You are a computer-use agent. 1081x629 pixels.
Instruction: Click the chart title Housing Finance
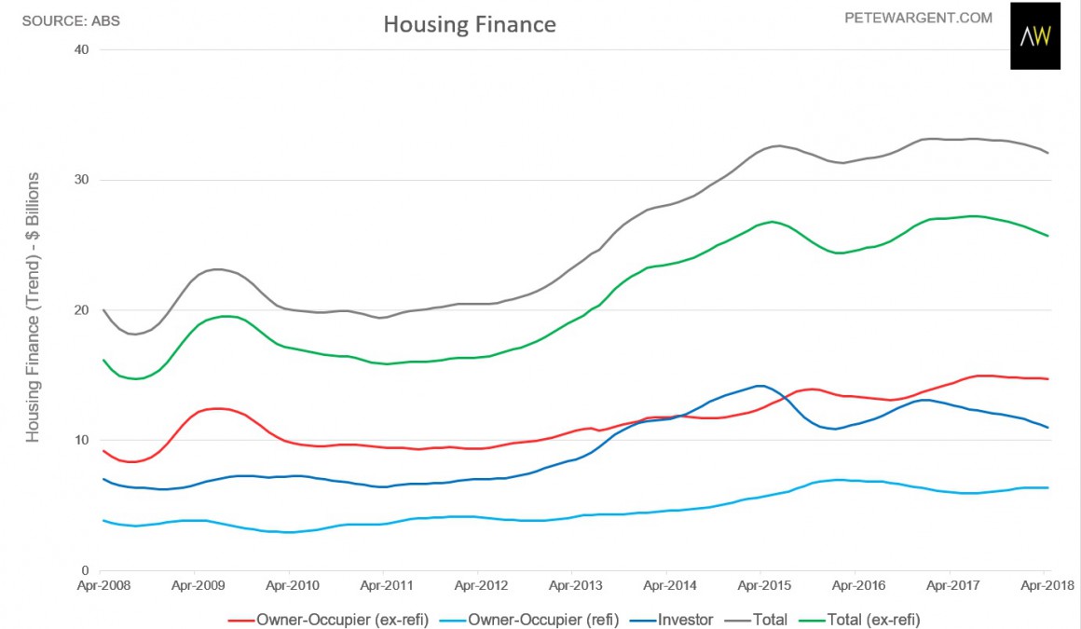click(470, 25)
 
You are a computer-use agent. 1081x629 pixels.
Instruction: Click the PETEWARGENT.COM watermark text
click(918, 18)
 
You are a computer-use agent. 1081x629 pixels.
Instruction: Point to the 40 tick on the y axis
click(81, 49)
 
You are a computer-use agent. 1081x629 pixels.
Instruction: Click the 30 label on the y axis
click(81, 180)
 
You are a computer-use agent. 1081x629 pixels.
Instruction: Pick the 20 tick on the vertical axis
click(81, 310)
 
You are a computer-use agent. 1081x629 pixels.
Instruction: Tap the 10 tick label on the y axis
click(81, 441)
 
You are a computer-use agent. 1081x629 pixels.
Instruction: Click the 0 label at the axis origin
click(85, 570)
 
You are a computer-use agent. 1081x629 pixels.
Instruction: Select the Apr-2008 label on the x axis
click(100, 587)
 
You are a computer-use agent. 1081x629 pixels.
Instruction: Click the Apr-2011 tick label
click(383, 587)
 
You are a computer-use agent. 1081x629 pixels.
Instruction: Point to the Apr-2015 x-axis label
click(760, 587)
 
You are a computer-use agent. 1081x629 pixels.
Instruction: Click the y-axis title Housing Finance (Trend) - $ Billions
click(33, 308)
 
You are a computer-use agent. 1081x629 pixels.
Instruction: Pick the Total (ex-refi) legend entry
click(871, 619)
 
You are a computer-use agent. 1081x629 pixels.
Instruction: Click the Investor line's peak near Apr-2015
click(760, 386)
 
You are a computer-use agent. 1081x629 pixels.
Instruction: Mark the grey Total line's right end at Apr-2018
click(1048, 153)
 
